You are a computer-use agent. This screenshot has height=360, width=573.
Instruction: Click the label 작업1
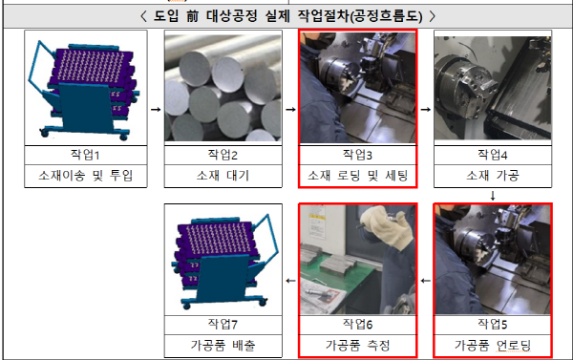85,155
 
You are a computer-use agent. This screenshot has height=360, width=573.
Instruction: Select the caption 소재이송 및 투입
85,176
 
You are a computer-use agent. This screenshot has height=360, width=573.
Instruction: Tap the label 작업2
223,155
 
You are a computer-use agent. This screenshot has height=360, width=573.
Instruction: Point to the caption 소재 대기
223,176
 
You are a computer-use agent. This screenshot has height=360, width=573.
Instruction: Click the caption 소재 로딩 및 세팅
357,176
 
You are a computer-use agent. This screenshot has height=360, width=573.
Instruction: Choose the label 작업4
493,155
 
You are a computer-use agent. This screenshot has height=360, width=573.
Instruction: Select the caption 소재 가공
493,176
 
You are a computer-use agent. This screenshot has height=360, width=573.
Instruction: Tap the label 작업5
493,324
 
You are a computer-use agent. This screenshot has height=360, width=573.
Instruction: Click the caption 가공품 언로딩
493,345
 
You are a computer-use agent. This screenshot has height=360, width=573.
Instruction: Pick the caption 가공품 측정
357,345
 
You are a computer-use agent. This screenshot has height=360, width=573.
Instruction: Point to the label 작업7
223,324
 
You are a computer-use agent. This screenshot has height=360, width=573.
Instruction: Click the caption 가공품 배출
223,345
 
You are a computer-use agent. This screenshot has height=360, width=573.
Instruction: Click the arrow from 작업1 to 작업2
156,109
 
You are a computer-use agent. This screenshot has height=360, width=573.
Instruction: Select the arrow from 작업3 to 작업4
426,109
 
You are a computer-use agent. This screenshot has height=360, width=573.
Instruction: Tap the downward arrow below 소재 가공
493,196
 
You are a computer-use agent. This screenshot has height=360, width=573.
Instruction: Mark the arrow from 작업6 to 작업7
291,281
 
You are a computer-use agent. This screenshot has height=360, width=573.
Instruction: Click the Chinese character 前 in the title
192,16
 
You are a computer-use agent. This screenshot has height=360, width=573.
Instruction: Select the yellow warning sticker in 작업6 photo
315,216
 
